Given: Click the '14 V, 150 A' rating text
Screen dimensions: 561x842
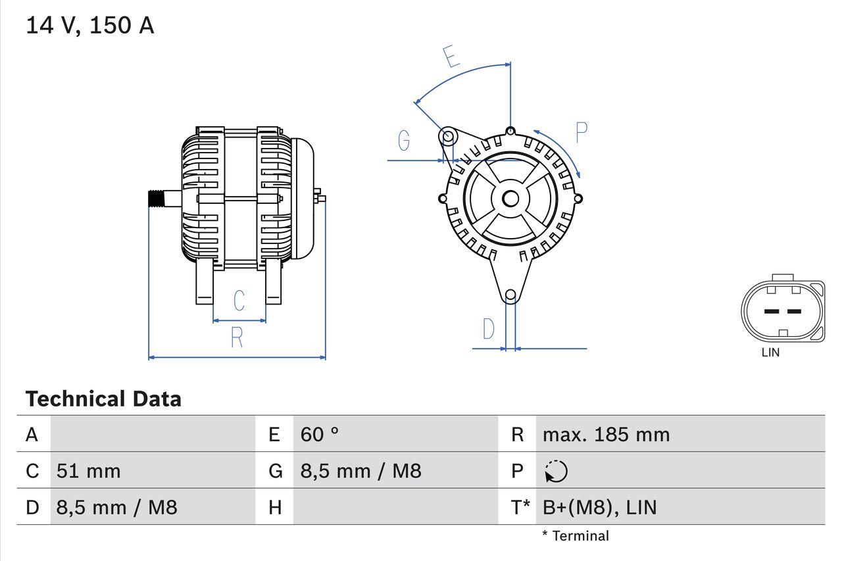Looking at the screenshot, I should point(89,26).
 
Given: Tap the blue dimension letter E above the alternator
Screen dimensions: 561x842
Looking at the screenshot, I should point(451,57).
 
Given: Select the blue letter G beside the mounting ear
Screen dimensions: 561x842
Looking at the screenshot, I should point(404,140).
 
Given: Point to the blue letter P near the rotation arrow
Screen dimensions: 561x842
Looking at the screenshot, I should point(581,132).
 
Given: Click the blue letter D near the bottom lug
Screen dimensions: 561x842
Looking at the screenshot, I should point(488,329).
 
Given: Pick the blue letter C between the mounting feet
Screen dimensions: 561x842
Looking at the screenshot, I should point(239,301).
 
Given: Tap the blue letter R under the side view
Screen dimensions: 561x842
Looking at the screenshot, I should point(237,337).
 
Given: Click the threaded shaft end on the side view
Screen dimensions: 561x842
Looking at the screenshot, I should point(155,198).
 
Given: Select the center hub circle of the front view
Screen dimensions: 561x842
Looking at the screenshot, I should point(510,198).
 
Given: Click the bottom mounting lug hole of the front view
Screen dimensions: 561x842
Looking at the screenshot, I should point(510,296).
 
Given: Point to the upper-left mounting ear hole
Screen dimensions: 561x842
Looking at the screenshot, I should point(447,137).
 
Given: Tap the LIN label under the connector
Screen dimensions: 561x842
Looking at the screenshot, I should point(770,353).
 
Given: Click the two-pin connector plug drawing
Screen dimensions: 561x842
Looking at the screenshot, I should point(783,310).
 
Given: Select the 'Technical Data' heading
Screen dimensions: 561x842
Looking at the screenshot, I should point(103,399).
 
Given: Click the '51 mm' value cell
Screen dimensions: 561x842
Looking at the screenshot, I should point(89,471).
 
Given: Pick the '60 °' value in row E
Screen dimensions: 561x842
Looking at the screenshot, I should point(320,435).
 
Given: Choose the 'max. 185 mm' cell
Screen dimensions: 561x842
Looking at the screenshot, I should point(606,435).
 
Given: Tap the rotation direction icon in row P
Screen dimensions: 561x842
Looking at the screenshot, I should point(556,471).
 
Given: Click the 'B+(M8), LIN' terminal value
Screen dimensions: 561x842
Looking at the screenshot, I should point(599,507).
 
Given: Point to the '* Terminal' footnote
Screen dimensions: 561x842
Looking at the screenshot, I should point(576,536).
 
